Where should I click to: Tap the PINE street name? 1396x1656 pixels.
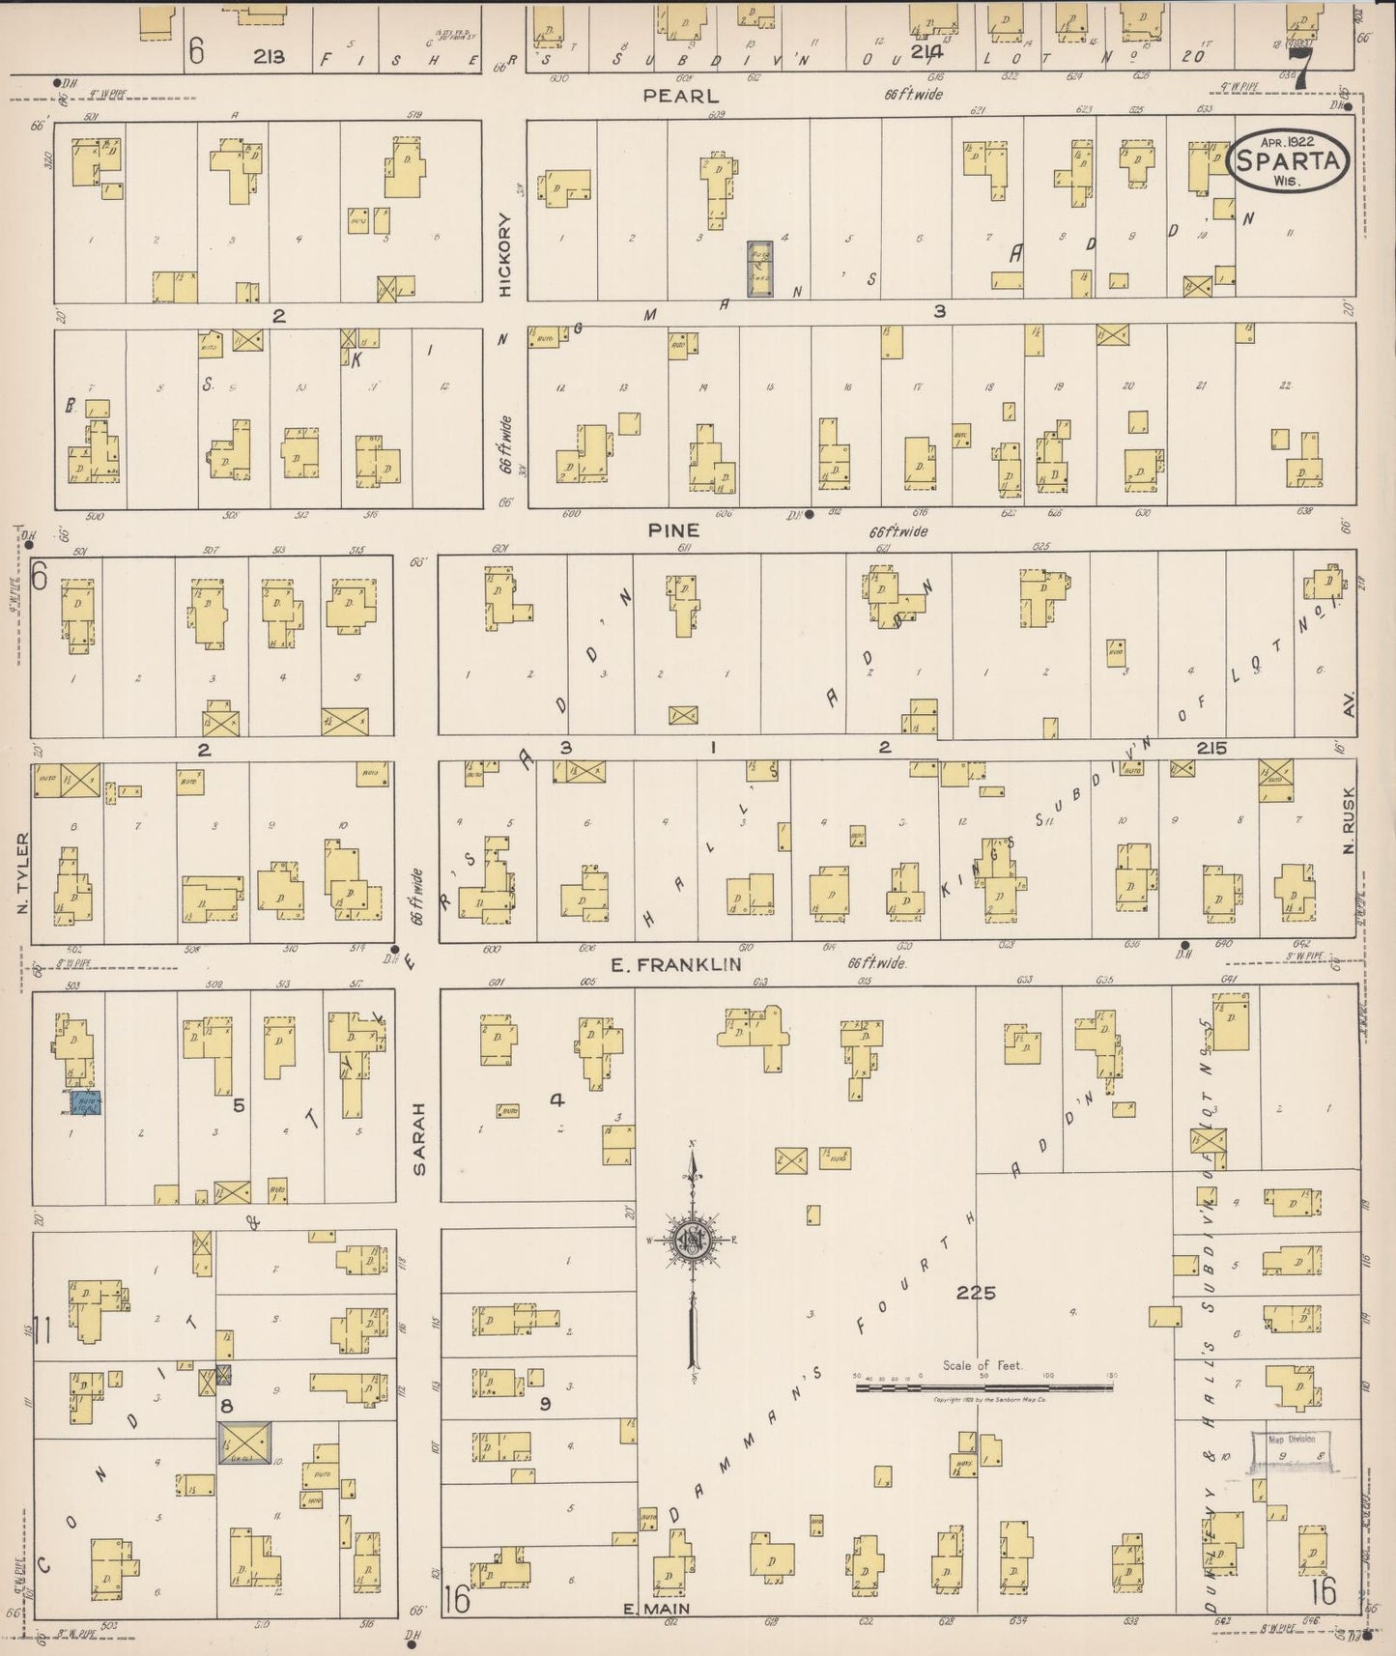coord(673,530)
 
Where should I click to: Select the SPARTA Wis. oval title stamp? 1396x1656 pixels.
coord(1288,162)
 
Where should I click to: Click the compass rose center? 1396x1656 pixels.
coord(693,1241)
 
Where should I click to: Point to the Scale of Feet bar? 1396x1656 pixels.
coord(983,1388)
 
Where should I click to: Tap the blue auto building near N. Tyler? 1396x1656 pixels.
coord(85,1103)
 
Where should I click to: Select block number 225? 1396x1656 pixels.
coord(976,1293)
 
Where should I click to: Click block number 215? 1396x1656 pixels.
coord(1211,748)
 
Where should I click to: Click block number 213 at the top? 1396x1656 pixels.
coord(269,56)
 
